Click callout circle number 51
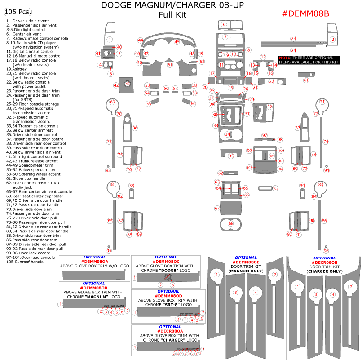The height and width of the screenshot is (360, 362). (170, 65)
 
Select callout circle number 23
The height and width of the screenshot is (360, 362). (293, 39)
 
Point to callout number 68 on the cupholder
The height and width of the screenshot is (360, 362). (231, 223)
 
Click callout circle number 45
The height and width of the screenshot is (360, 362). (177, 42)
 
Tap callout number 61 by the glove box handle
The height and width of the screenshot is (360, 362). (306, 80)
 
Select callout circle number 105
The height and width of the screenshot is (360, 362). (275, 188)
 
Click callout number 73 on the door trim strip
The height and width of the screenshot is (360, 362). (109, 142)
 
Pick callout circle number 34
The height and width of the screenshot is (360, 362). (228, 134)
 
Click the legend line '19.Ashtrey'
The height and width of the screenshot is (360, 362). (17, 69)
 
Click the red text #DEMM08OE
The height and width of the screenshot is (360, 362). (246, 262)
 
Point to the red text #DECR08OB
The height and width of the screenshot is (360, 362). (324, 262)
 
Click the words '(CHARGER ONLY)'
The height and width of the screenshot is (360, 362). (324, 271)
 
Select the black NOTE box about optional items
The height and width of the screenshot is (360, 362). (309, 60)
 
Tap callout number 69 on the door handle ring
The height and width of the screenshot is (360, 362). (113, 102)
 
